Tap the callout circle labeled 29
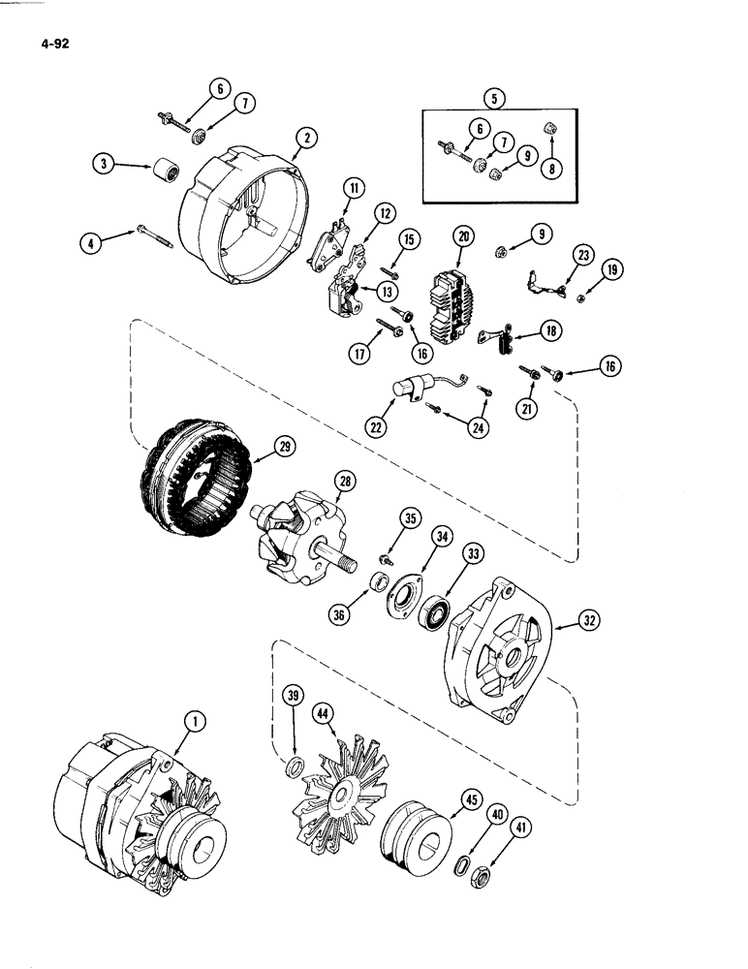pyautogui.click(x=285, y=447)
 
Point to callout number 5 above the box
pyautogui.click(x=496, y=97)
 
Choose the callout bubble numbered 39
pyautogui.click(x=293, y=697)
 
